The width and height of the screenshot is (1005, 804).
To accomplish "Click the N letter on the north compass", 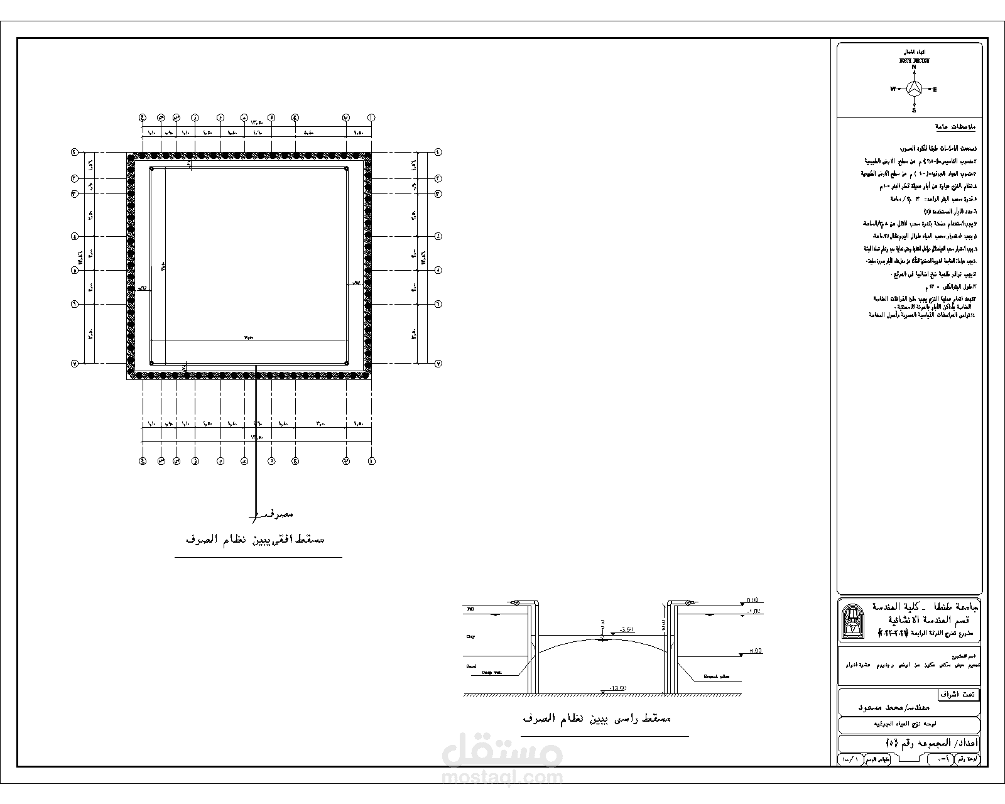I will pyautogui.click(x=914, y=67).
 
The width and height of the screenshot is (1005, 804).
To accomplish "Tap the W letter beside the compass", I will pyautogui.click(x=892, y=89).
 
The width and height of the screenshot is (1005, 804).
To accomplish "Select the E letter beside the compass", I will pyautogui.click(x=935, y=89).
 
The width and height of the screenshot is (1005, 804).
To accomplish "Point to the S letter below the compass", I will pyautogui.click(x=914, y=111).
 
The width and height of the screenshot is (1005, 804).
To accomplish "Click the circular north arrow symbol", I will pyautogui.click(x=914, y=89).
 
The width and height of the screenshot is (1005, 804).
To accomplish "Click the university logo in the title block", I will pyautogui.click(x=852, y=621).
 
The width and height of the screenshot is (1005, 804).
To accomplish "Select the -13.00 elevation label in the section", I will pyautogui.click(x=619, y=688).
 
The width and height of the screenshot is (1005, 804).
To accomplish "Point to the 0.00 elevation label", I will pyautogui.click(x=753, y=600).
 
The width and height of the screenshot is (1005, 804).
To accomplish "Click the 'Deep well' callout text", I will pyautogui.click(x=492, y=672).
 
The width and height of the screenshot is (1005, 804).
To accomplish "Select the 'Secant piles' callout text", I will pyautogui.click(x=716, y=677).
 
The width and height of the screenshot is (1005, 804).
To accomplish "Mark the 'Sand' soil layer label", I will pyautogui.click(x=471, y=666).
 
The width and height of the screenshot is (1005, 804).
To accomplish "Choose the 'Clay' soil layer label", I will pyautogui.click(x=470, y=636).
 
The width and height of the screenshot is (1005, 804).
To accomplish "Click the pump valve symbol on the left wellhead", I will pyautogui.click(x=516, y=602).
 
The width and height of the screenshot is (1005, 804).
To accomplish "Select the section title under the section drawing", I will pyautogui.click(x=597, y=718).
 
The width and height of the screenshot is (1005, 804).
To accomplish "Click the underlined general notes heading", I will pyautogui.click(x=955, y=127).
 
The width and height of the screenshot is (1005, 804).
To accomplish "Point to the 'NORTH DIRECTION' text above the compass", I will pyautogui.click(x=914, y=60).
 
